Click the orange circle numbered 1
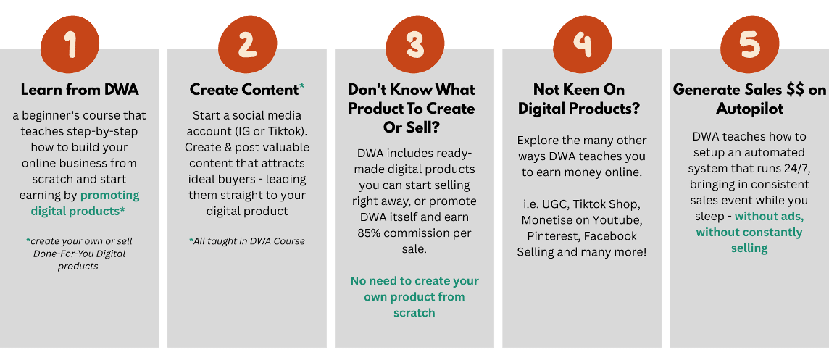[70, 44]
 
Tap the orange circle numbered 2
[247, 44]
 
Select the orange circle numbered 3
[414, 44]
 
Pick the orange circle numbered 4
[582, 44]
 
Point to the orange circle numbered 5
[750, 44]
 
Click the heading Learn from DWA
[80, 90]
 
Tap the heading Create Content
[244, 90]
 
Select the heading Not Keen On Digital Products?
[579, 99]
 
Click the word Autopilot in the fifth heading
[749, 109]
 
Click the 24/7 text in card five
[795, 169]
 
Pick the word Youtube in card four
[617, 220]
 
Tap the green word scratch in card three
[414, 312]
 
